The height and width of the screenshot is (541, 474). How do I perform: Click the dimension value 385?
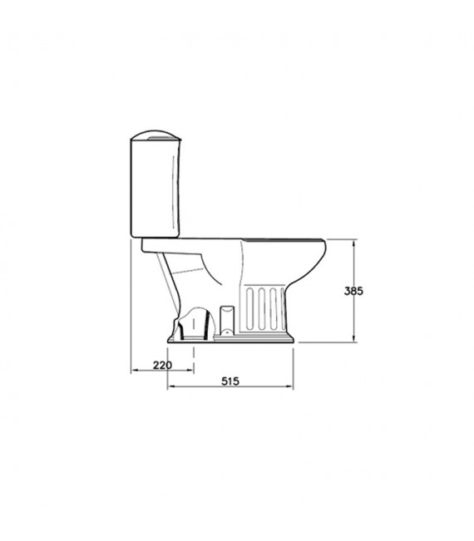pos(353,292)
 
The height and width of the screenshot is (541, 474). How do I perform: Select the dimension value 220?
pos(162,366)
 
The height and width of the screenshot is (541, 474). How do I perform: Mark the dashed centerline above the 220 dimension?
pos(195,353)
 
